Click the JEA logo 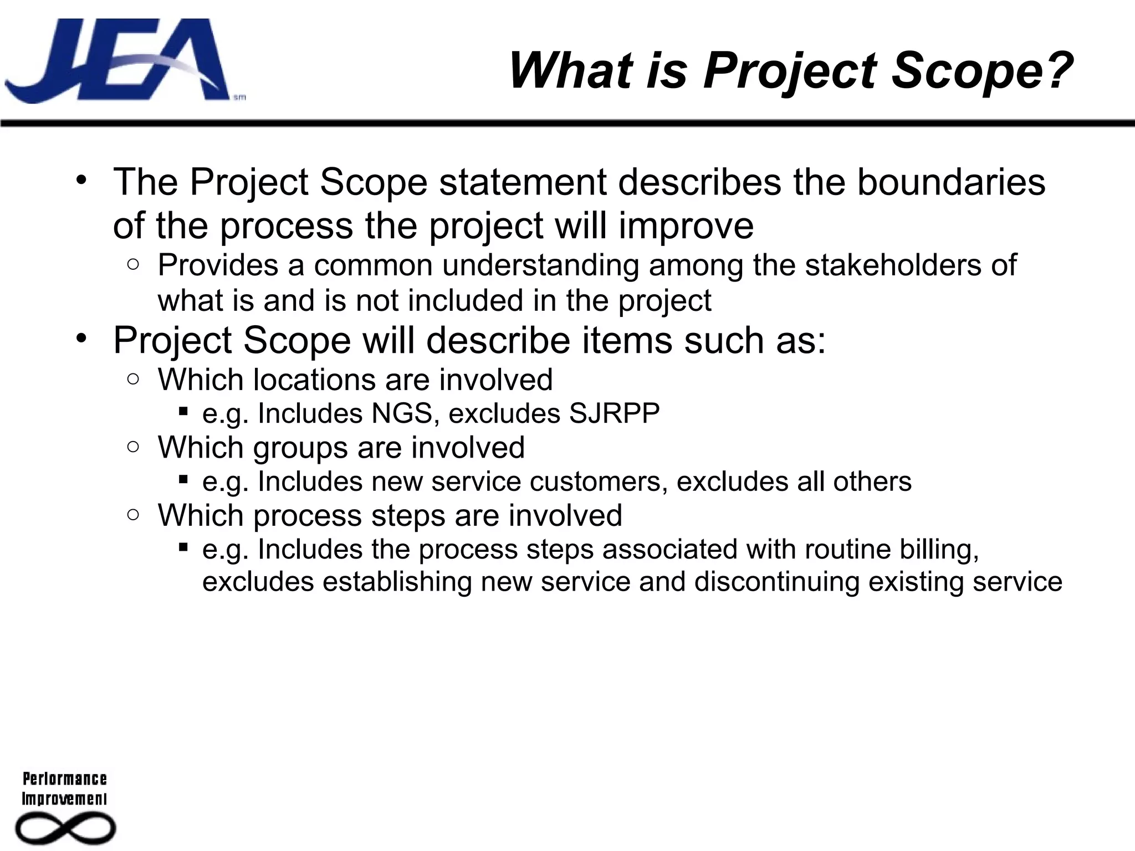click(116, 61)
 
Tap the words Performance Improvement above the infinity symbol click(64, 788)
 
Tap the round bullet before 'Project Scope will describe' click(82, 337)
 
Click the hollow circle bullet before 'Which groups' click(133, 447)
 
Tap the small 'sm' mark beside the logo click(239, 98)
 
